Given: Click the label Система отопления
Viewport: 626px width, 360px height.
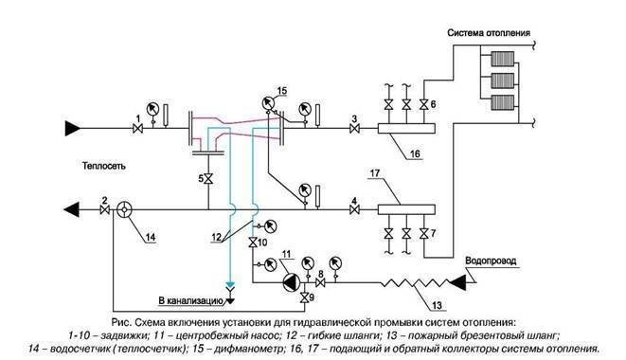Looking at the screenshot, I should (x=489, y=32).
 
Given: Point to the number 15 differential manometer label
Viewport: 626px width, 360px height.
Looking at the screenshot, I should (x=281, y=89).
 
